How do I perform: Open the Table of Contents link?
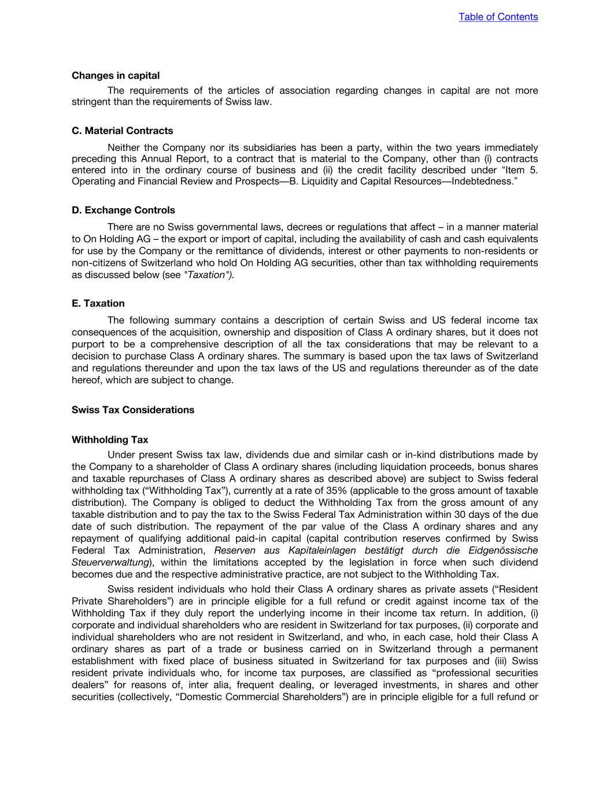click(x=498, y=17)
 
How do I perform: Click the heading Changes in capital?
click(x=116, y=76)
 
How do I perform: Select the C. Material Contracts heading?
click(x=122, y=131)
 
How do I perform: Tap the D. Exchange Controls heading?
click(x=123, y=210)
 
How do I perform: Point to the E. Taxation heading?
click(x=98, y=303)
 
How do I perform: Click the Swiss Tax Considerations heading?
click(x=133, y=410)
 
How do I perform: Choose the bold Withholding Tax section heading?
click(x=110, y=440)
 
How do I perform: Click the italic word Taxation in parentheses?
click(x=207, y=275)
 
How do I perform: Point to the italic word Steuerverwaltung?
click(x=110, y=562)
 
